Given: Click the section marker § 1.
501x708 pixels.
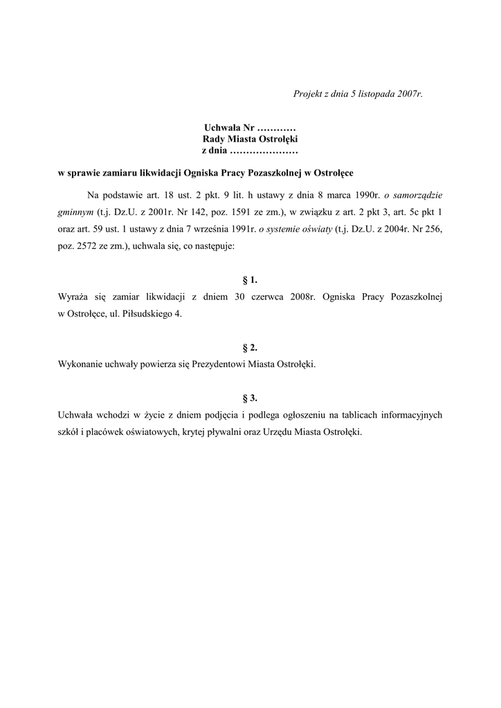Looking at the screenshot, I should (x=250, y=280).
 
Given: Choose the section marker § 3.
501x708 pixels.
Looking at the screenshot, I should (x=250, y=398).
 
